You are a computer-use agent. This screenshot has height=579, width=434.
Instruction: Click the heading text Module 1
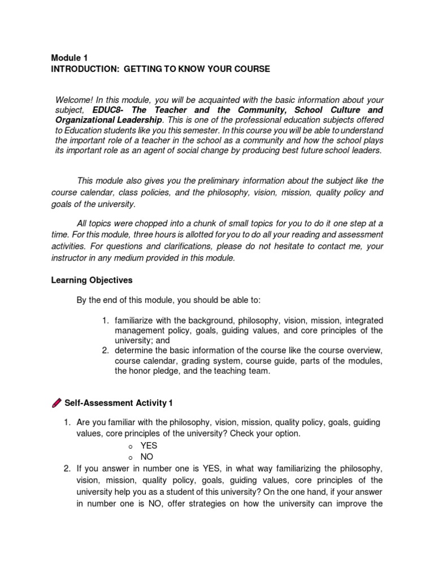coord(69,57)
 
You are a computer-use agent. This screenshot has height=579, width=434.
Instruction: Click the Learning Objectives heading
coord(92,279)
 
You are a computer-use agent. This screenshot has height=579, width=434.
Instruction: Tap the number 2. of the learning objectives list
coord(106,351)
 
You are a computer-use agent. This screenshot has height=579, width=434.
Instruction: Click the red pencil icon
coord(57,403)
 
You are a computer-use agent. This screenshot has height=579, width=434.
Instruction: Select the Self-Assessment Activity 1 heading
coord(119,403)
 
